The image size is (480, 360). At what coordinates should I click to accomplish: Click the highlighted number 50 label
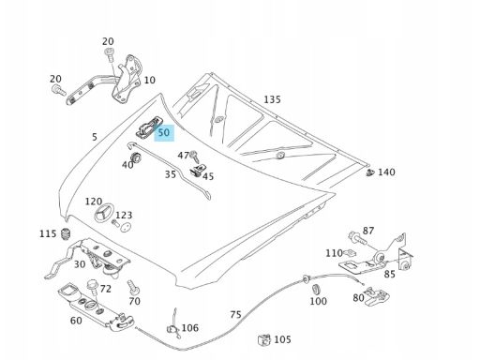[x=164, y=133]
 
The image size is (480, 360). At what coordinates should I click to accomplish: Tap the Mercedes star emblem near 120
[x=103, y=214]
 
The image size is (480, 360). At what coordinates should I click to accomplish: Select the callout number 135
[x=272, y=99]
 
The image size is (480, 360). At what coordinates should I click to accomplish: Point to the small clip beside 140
[x=370, y=172]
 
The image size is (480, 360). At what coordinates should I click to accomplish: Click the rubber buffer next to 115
[x=66, y=234]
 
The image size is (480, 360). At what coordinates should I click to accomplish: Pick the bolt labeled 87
[x=357, y=238]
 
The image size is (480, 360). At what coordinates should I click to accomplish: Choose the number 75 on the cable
[x=235, y=314]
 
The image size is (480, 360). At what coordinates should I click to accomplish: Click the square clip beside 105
[x=264, y=339]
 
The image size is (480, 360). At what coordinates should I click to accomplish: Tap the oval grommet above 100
[x=316, y=289]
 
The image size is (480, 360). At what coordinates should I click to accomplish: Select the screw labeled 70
[x=133, y=288]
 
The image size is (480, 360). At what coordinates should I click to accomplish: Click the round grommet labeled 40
[x=135, y=157]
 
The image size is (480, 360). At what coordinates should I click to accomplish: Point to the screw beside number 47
[x=194, y=157]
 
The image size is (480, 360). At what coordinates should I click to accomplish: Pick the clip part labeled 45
[x=197, y=171]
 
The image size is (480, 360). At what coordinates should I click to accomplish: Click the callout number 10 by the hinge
[x=149, y=81]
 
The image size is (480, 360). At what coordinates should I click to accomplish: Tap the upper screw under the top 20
[x=110, y=55]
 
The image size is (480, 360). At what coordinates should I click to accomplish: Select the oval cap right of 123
[x=126, y=227]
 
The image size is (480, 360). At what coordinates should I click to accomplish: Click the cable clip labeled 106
[x=173, y=328]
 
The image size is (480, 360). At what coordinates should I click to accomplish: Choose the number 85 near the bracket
[x=389, y=274]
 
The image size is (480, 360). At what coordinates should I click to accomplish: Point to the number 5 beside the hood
[x=95, y=137]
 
